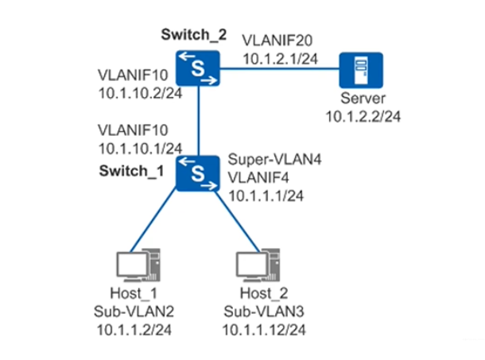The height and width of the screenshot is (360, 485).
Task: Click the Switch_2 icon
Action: point(198,69)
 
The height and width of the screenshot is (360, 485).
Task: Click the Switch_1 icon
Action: point(198,172)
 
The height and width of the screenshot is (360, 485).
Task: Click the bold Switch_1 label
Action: point(129,171)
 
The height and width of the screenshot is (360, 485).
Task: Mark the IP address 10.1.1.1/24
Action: point(266,194)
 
